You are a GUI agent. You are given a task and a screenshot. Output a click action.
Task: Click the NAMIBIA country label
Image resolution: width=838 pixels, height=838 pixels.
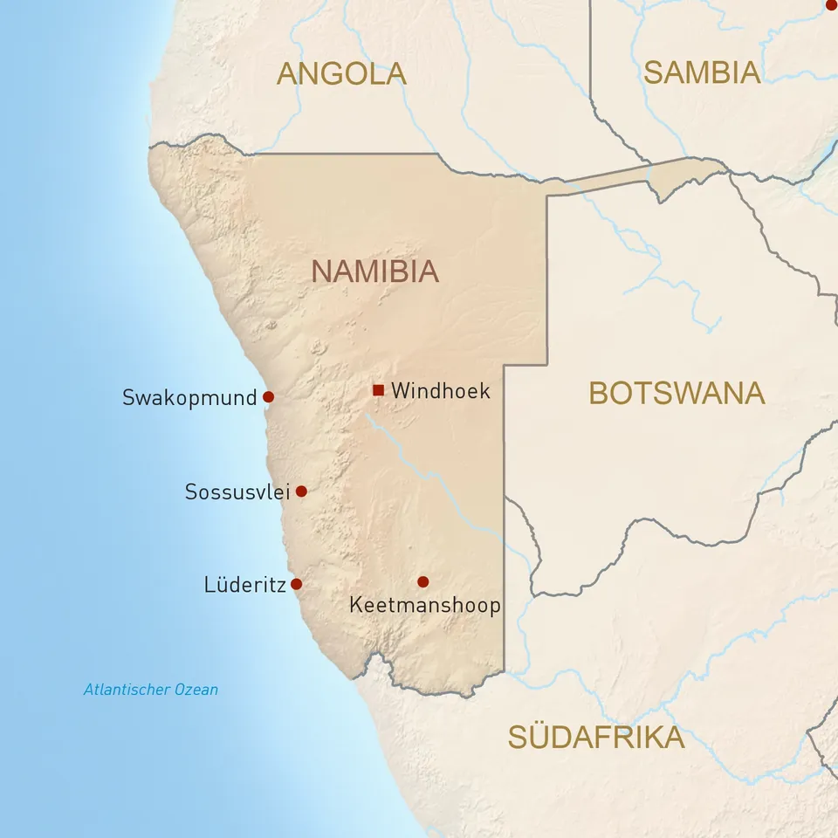374,271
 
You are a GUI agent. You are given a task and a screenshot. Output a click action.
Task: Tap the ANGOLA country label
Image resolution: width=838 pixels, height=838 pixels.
341,74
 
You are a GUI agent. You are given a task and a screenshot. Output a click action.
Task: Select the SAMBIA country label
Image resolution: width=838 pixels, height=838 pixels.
702,73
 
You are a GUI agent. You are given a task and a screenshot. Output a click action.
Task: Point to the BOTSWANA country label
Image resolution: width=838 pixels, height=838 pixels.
677,394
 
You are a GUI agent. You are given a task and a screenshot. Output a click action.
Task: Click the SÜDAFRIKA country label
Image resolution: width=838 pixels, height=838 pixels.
596,738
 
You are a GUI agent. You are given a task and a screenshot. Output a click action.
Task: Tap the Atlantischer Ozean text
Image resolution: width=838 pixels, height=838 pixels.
151,690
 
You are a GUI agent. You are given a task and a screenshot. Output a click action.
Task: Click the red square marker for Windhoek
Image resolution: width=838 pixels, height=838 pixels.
378,389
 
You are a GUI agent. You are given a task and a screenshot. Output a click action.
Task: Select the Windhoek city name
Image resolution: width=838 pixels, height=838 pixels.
441,391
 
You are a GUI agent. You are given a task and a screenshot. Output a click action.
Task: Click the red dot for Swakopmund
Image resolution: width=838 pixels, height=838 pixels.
268,396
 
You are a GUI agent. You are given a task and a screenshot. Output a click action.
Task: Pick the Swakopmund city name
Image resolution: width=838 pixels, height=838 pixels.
189,398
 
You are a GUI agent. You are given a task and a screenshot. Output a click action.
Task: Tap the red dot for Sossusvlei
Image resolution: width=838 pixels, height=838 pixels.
301,491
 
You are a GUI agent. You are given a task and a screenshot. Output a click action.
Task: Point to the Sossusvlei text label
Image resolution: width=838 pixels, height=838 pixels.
237,492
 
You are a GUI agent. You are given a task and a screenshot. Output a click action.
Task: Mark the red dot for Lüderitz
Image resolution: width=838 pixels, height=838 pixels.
296,584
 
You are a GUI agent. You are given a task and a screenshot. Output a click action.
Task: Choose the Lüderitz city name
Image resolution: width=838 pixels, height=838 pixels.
244,585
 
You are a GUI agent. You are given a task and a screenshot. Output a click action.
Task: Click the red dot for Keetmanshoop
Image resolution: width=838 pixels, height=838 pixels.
423,581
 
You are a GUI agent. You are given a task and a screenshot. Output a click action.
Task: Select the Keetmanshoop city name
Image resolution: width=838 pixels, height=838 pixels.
424,605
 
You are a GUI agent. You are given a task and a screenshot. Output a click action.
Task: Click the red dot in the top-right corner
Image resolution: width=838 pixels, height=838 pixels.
832,4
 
